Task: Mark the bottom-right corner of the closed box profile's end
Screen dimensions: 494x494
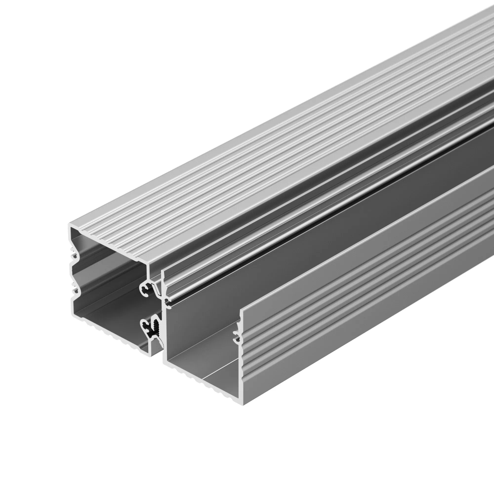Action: tap(150, 353)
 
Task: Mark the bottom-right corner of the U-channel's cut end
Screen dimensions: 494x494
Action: tap(245, 402)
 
